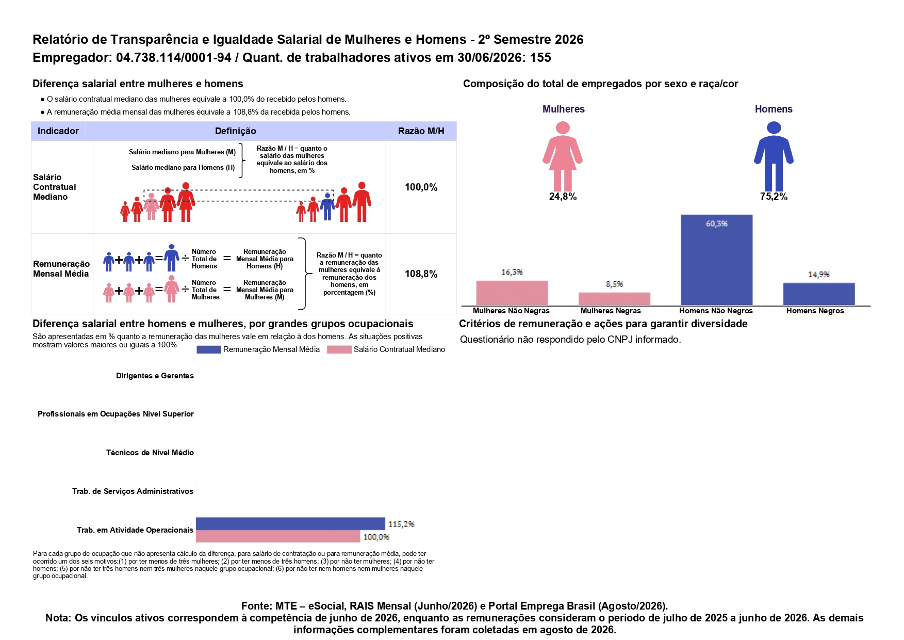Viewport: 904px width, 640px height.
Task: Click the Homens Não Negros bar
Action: point(716,260)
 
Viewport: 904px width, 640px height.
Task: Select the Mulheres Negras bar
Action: point(614,299)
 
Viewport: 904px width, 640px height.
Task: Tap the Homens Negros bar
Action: point(819,294)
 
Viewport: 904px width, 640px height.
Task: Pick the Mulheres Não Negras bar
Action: point(512,293)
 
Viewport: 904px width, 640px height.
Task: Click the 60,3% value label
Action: point(717,223)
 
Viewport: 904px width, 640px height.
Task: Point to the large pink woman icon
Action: point(563,156)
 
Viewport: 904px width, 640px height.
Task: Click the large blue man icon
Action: point(774,156)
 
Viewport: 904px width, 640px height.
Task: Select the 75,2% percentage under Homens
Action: point(774,197)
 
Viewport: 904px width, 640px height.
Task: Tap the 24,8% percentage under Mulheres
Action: point(563,197)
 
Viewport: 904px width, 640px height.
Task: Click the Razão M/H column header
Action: point(421,131)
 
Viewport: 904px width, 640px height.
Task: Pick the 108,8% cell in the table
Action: point(421,274)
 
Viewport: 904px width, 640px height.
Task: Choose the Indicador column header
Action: point(58,131)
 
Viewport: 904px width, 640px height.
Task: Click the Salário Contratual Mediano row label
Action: point(54,187)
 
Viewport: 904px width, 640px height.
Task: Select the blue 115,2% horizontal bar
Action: point(290,523)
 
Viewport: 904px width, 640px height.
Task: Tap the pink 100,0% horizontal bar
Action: point(278,536)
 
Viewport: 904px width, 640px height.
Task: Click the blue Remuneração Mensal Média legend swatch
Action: point(209,349)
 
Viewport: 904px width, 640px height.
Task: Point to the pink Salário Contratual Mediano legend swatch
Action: point(339,349)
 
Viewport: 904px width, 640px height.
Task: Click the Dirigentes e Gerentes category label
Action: point(155,376)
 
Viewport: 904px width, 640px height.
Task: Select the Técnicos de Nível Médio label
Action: point(150,453)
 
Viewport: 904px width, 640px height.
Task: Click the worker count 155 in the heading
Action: point(540,57)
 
